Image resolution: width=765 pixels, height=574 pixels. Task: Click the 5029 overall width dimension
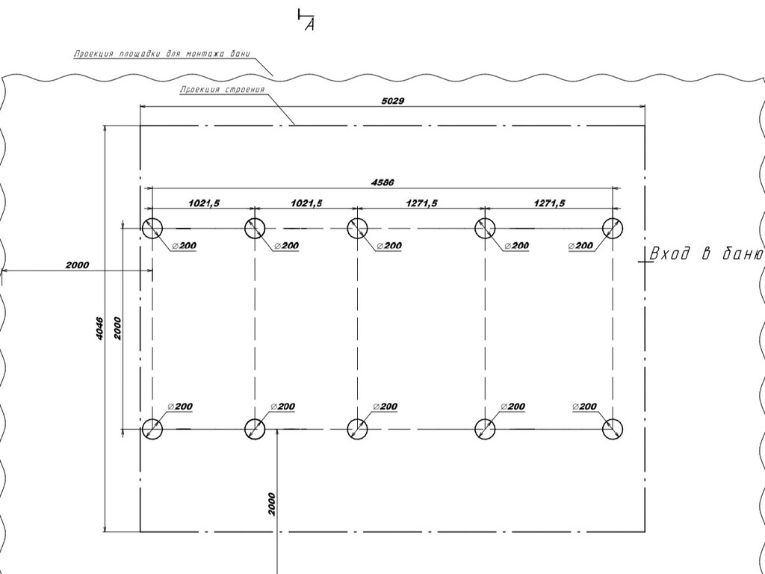(x=392, y=100)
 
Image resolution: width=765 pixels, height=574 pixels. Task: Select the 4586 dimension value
(x=382, y=182)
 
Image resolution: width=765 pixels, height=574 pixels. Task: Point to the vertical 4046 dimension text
(x=99, y=329)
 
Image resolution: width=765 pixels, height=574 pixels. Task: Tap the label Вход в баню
(x=706, y=254)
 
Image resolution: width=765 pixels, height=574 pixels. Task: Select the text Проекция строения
(x=222, y=90)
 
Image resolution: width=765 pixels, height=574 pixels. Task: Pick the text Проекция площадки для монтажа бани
(x=162, y=55)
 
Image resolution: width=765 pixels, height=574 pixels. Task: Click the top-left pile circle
(x=152, y=228)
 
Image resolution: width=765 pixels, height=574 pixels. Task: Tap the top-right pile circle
(x=613, y=228)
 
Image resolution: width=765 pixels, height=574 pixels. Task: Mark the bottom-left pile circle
(x=152, y=429)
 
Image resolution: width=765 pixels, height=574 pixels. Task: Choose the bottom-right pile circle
(x=613, y=429)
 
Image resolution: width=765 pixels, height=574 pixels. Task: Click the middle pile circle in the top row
(x=358, y=228)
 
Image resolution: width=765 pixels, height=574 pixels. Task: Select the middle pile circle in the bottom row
(x=358, y=429)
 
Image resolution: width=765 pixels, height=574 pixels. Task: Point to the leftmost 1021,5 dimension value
(x=204, y=203)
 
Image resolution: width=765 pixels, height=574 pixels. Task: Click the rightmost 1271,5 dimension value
(x=549, y=203)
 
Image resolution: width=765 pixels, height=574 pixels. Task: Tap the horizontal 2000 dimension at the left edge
(x=77, y=265)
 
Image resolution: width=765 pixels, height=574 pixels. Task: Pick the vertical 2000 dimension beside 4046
(x=117, y=328)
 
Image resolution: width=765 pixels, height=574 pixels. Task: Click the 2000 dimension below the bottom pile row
(x=271, y=504)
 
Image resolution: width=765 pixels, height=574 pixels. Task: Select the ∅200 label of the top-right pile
(x=581, y=245)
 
